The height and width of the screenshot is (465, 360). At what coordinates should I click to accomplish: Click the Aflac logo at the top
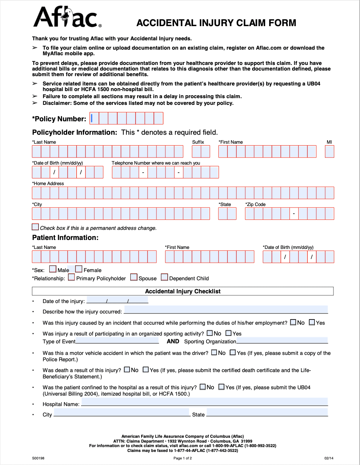tap(67, 18)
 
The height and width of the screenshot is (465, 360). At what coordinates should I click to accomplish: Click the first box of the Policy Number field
tap(94, 118)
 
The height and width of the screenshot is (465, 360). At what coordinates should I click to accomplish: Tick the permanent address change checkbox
tap(35, 227)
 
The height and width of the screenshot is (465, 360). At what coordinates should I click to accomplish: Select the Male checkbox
tap(53, 269)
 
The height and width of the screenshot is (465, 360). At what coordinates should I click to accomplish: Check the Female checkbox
tap(79, 269)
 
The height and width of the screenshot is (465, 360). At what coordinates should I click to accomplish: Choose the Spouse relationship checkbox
tap(134, 277)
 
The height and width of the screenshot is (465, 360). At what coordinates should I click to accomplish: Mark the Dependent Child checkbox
tap(164, 277)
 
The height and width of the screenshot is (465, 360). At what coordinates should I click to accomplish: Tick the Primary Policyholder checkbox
tap(71, 277)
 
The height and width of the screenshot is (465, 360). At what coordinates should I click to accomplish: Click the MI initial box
tap(329, 152)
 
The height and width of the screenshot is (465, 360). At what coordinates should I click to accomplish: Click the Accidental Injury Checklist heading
tap(183, 291)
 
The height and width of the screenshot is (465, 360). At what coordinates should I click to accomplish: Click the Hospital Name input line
tap(204, 402)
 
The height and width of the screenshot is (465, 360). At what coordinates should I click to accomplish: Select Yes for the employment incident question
tap(312, 322)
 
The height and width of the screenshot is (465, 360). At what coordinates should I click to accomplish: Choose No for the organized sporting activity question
tap(210, 333)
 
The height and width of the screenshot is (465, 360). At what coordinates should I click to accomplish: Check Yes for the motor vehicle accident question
tap(233, 353)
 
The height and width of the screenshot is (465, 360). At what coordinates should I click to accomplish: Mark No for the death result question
tap(127, 370)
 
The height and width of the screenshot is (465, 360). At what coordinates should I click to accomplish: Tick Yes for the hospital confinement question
tap(221, 387)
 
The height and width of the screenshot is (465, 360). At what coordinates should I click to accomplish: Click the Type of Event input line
tap(117, 340)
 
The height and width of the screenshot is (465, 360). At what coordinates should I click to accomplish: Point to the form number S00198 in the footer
tap(38, 458)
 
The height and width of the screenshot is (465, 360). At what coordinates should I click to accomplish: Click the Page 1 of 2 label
tap(183, 458)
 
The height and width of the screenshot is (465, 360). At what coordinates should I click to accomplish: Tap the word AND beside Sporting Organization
tap(173, 341)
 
